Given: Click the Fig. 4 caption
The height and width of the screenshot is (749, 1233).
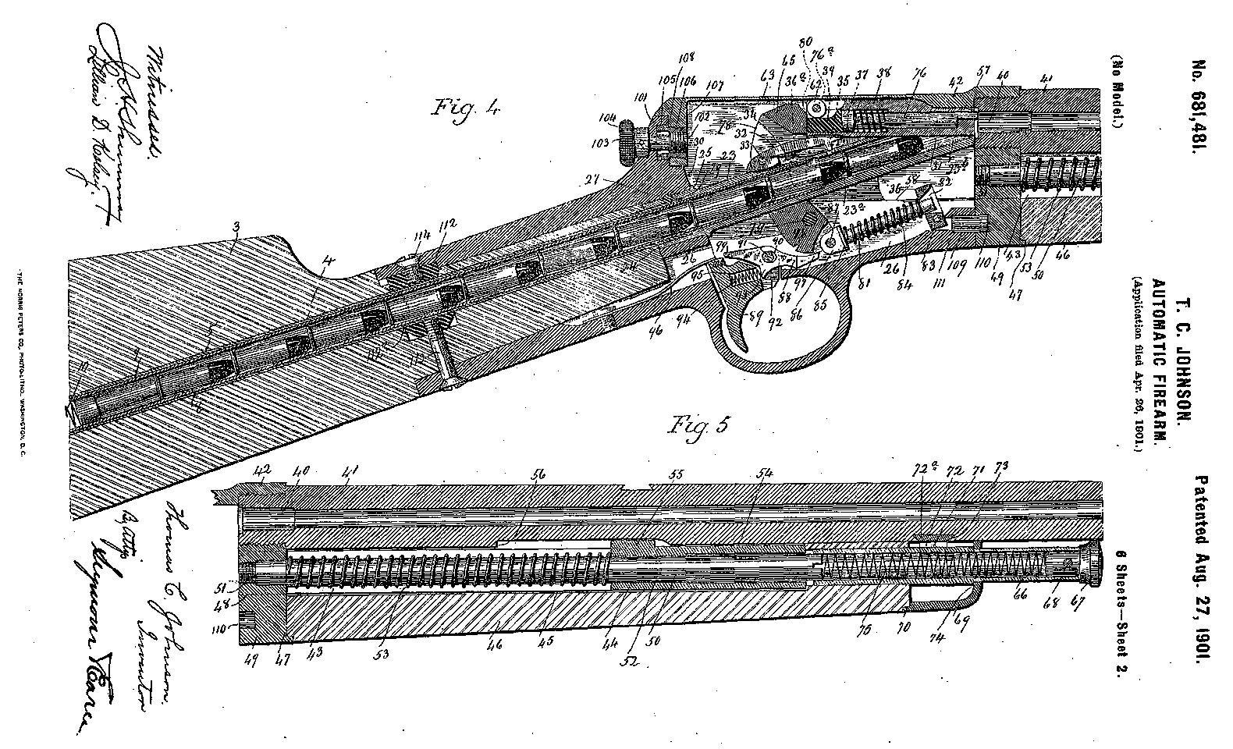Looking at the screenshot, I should coord(465,107).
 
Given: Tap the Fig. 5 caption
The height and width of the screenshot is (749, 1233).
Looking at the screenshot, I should coord(700,427).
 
